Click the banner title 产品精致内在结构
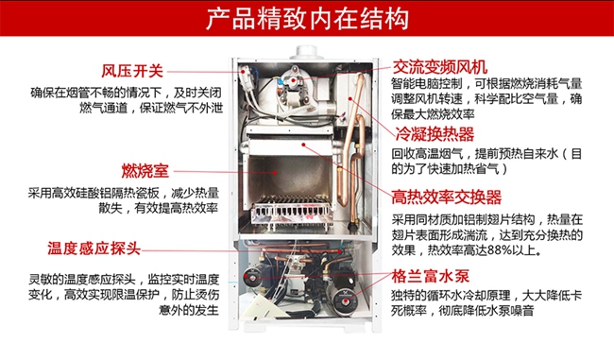307,18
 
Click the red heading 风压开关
132,71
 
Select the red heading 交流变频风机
440,67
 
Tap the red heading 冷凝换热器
435,134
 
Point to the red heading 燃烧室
145,171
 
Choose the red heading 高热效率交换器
447,197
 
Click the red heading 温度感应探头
94,249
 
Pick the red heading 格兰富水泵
431,276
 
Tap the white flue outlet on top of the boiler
307,52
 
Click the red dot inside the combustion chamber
275,172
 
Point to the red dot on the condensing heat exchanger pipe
350,98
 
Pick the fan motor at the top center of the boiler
292,83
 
